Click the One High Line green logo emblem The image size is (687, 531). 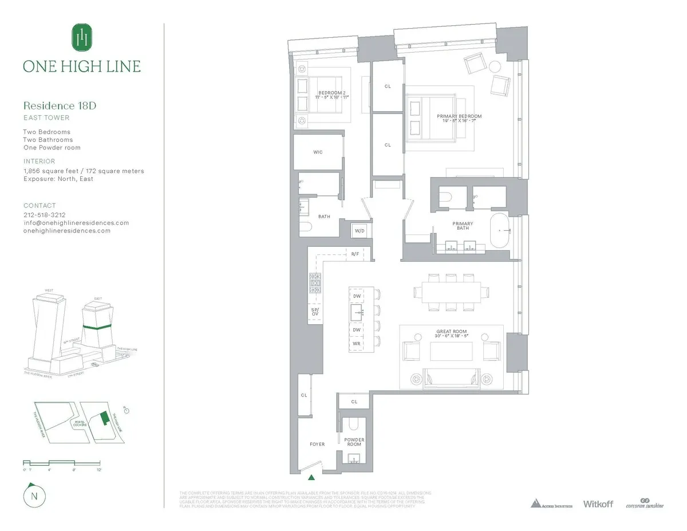[82, 38]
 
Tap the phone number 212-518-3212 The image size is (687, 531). [45, 215]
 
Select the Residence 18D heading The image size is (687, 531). [57, 105]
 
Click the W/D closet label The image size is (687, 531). [360, 231]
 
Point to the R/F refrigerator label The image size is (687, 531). [355, 254]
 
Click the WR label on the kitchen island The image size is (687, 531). [356, 344]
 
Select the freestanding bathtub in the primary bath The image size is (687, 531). [503, 230]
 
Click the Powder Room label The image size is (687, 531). [354, 442]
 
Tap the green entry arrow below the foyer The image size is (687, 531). [311, 477]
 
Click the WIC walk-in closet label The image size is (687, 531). [318, 152]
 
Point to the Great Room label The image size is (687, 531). [452, 332]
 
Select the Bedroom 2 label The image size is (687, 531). [332, 93]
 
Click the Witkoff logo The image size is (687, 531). [598, 504]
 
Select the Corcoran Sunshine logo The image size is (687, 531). [644, 504]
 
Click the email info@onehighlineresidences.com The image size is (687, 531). [76, 223]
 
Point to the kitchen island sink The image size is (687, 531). [356, 312]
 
